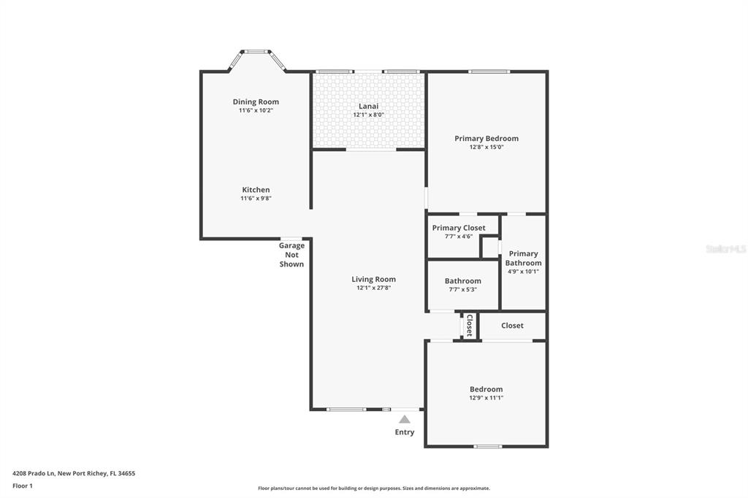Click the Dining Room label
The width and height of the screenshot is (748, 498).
coord(256,101)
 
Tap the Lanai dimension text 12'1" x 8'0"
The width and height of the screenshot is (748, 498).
coord(368,115)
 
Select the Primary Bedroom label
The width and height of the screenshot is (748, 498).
coord(486,138)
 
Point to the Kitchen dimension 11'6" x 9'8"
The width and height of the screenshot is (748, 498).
coord(256,199)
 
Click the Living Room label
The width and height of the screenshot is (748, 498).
coord(373,280)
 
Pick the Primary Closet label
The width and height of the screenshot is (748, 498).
coord(459,228)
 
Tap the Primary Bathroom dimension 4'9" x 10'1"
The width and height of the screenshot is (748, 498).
coord(523,272)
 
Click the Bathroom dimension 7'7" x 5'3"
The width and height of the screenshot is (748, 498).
coord(462,290)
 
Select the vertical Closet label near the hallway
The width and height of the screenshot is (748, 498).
coord(470,326)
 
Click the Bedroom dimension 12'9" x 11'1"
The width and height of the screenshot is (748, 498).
coord(486,398)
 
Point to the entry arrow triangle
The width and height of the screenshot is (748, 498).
coord(405,419)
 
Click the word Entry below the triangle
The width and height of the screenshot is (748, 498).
coord(405,432)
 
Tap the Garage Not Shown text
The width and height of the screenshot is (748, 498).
coord(291,255)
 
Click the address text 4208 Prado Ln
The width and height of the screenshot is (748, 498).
coord(34,474)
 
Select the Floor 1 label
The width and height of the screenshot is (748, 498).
coord(23,486)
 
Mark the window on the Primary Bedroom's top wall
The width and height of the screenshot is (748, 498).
coord(489,72)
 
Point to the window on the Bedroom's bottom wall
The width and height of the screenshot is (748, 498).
coord(487,446)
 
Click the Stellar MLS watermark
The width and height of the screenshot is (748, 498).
coord(725,249)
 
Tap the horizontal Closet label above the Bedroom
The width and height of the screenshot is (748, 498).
coord(512,326)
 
